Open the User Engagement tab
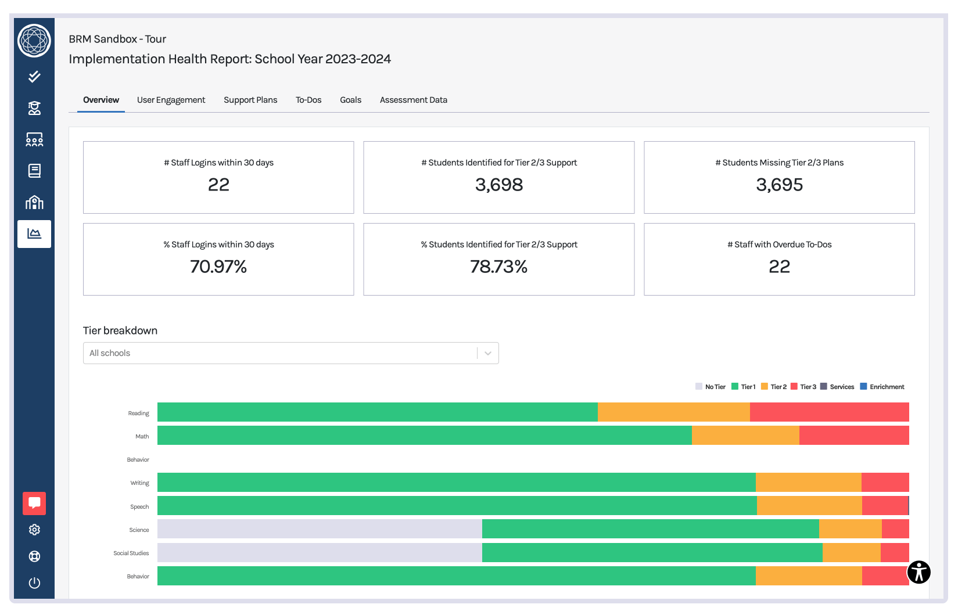tap(171, 100)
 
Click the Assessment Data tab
tap(413, 100)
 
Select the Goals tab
tap(350, 100)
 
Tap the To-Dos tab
tap(308, 100)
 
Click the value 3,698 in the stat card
tap(498, 185)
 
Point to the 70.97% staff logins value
tap(218, 267)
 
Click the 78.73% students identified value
tap(498, 267)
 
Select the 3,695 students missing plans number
tap(779, 185)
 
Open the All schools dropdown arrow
tap(488, 353)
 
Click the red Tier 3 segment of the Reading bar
tap(829, 412)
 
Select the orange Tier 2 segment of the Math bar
tap(745, 436)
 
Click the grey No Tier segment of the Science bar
tap(320, 529)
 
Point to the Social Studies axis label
tap(131, 553)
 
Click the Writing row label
tap(139, 483)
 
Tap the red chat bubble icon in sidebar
tap(34, 503)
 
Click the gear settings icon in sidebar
tap(34, 530)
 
